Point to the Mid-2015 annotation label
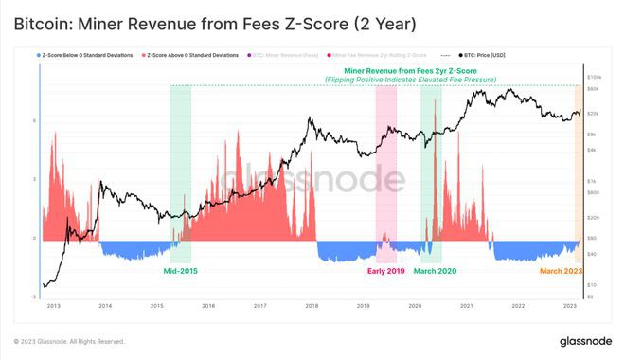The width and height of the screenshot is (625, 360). [x=181, y=271]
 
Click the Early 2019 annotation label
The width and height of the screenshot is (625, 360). [x=386, y=271]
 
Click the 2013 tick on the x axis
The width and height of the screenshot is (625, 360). [x=53, y=306]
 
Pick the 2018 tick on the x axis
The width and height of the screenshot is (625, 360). [x=312, y=306]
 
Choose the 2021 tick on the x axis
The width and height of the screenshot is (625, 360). [x=467, y=306]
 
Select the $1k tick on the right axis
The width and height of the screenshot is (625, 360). [x=592, y=180]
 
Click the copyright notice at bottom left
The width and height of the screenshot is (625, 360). [x=69, y=341]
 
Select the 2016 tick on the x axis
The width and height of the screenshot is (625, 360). [x=208, y=306]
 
